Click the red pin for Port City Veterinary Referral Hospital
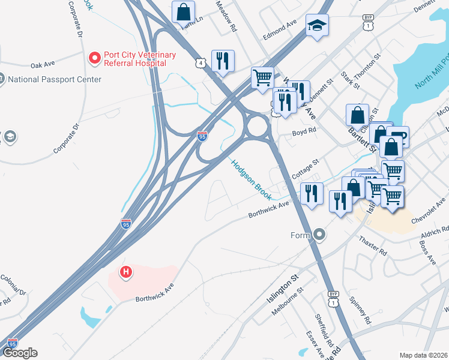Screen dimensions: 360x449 tap(94, 58)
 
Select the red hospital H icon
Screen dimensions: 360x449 tap(126, 272)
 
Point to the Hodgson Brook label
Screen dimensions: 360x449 tap(251, 179)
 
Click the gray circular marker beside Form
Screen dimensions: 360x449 tap(319, 235)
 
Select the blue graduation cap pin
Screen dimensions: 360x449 tap(316, 26)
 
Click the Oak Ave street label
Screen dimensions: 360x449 tap(43, 65)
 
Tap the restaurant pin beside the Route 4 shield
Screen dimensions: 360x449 tap(222, 61)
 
